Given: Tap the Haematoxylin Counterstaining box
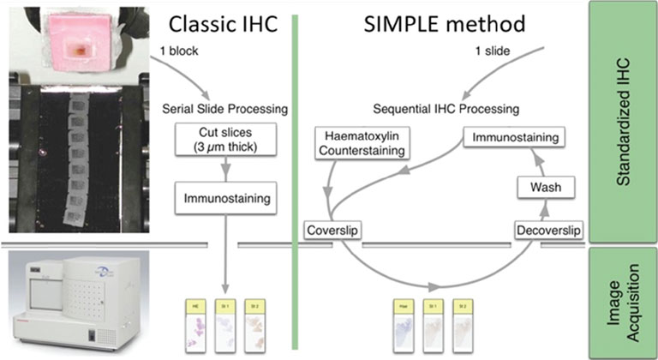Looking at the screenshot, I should [360, 143].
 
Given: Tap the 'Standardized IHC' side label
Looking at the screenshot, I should [624, 121].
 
